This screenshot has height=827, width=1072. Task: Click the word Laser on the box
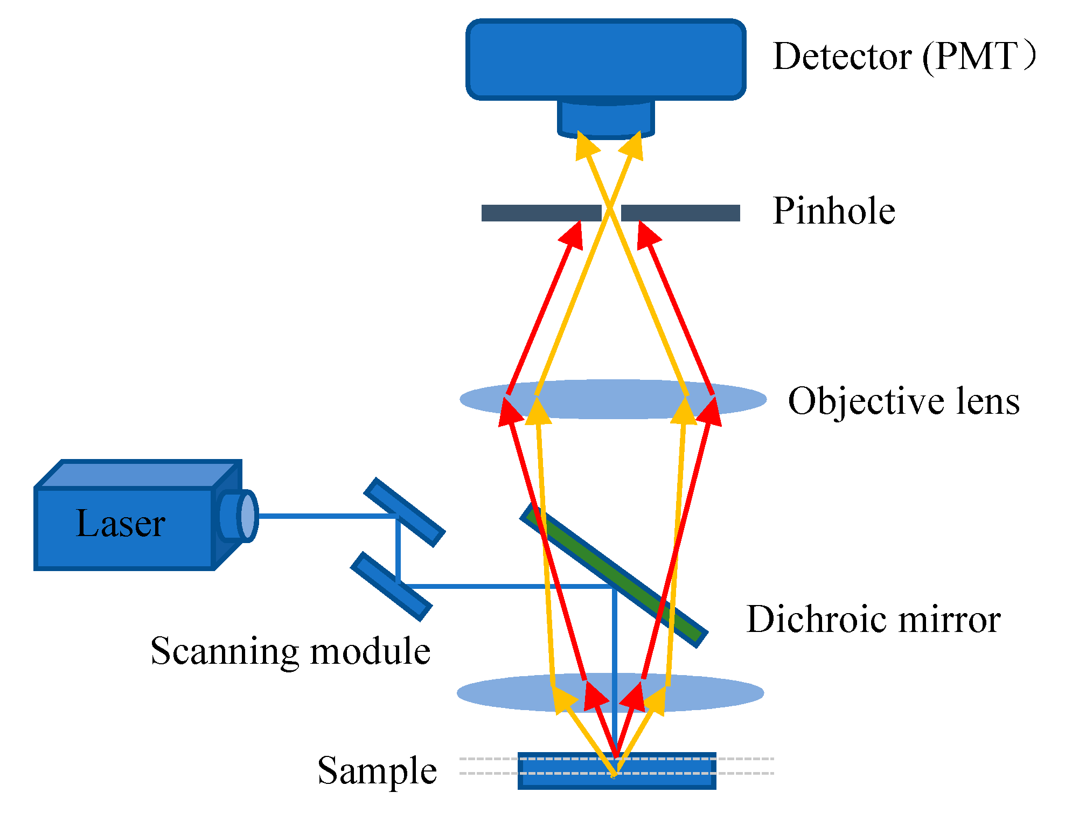tap(120, 523)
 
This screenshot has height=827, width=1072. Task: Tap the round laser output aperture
tap(247, 516)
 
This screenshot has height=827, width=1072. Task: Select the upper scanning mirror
tap(404, 512)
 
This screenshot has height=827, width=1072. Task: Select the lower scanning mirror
tap(391, 586)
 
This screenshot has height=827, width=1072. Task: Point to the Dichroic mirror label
tap(873, 619)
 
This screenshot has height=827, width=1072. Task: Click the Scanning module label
tap(290, 651)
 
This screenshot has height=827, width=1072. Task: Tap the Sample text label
tap(377, 770)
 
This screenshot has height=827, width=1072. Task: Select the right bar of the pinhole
tap(680, 213)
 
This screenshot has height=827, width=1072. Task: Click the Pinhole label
tap(833, 211)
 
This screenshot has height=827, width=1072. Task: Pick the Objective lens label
tap(903, 401)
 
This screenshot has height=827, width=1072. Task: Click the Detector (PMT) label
tap(903, 56)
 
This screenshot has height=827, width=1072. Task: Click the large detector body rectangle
tap(605, 59)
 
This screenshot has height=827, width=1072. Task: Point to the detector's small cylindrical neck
tap(605, 119)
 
